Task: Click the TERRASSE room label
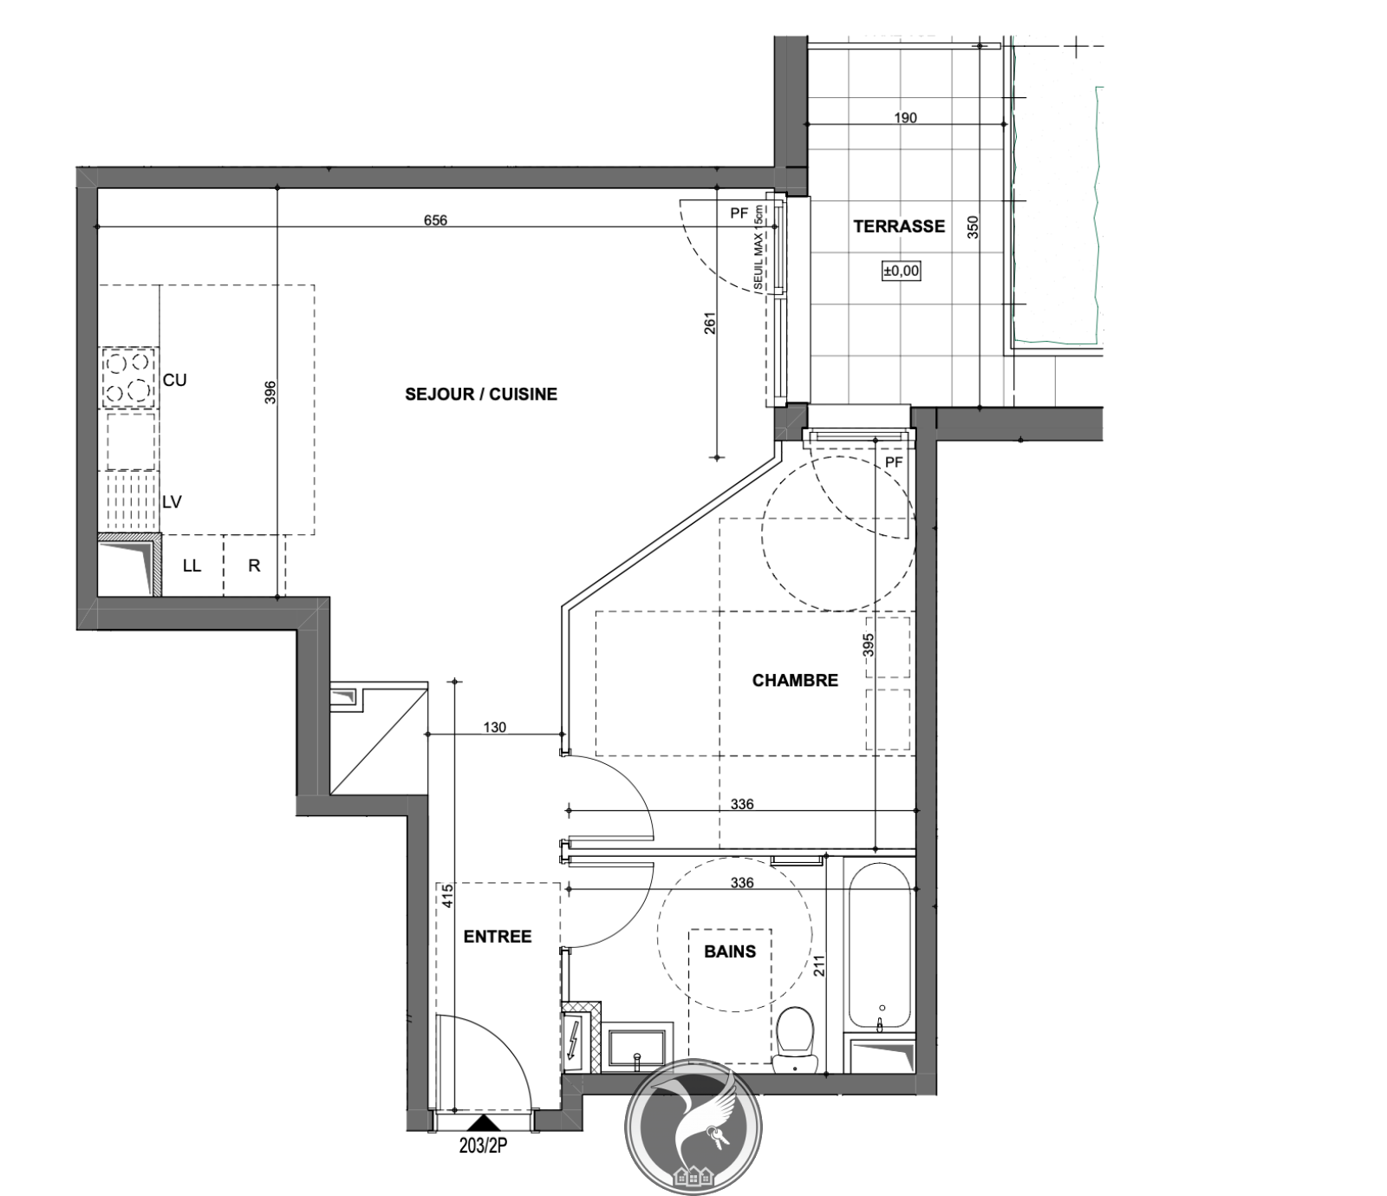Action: click(x=899, y=226)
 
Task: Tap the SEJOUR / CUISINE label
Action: click(x=481, y=395)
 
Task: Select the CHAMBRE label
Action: click(x=795, y=681)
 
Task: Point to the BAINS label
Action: click(x=730, y=951)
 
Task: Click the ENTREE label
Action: click(x=498, y=937)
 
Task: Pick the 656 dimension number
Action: click(x=435, y=220)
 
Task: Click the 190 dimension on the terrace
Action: click(x=905, y=118)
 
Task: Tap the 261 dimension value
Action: click(x=710, y=323)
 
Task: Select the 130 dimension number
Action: click(x=494, y=728)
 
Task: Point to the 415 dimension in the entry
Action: click(x=446, y=895)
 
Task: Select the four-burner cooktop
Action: click(x=129, y=378)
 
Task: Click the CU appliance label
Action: click(x=175, y=380)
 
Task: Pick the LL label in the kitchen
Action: click(x=192, y=565)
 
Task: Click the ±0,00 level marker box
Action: click(x=902, y=271)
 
